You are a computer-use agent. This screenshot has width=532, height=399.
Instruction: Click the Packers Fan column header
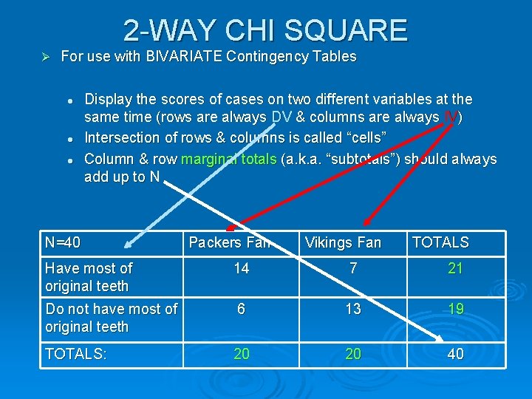(230, 242)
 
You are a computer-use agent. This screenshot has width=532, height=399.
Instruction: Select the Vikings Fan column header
(343, 242)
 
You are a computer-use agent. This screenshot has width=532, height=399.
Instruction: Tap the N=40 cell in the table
(63, 242)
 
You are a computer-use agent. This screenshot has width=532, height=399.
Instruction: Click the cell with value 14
(242, 269)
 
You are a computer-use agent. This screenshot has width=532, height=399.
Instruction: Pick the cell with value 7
(353, 269)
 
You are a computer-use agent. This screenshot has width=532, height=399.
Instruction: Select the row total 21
(455, 269)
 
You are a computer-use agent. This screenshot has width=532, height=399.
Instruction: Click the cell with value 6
(242, 310)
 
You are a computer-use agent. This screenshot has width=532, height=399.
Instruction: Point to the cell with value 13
(353, 310)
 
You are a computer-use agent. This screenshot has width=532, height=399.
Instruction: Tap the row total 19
(455, 310)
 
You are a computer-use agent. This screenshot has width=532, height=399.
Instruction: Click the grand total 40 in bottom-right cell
(455, 355)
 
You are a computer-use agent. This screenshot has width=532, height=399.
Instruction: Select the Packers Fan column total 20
(242, 355)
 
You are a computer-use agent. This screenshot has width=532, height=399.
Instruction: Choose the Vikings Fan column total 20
(353, 355)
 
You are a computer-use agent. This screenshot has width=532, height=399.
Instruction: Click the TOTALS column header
(440, 242)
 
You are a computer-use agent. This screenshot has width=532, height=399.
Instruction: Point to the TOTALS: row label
(76, 355)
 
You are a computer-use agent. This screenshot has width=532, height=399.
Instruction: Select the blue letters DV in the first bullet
(282, 117)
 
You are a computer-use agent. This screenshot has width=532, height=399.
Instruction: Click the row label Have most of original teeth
(89, 277)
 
